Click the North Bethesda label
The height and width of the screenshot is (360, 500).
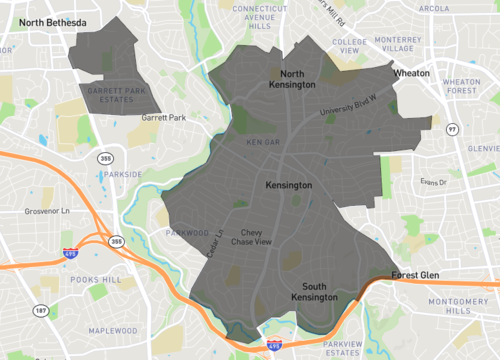pyautogui.click(x=52, y=22)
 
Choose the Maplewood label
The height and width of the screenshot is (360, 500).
pyautogui.click(x=113, y=331)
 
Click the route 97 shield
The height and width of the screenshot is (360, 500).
pyautogui.click(x=452, y=129)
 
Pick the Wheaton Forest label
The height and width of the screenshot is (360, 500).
pyautogui.click(x=463, y=85)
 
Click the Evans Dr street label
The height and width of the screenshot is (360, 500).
pyautogui.click(x=433, y=182)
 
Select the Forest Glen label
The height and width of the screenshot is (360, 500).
pyautogui.click(x=416, y=274)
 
